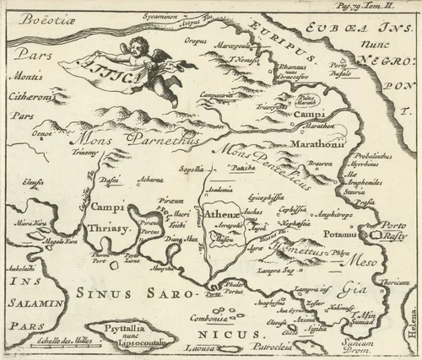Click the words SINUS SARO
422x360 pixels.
[139, 295]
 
